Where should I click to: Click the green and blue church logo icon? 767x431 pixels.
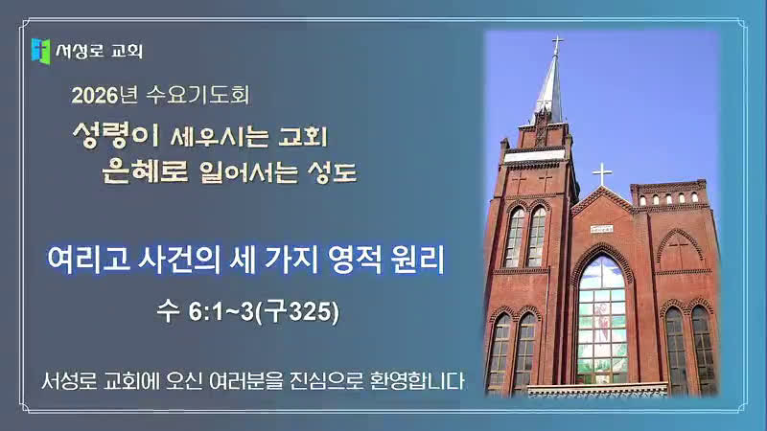click(x=40, y=51)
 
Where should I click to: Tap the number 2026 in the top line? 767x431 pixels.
click(x=95, y=95)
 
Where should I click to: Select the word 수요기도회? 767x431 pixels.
click(x=198, y=95)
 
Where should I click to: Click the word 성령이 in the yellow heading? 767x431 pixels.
click(x=116, y=135)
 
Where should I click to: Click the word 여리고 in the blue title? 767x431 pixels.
click(x=88, y=259)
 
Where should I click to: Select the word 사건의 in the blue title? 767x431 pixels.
click(x=179, y=259)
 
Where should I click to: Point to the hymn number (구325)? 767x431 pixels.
click(x=297, y=312)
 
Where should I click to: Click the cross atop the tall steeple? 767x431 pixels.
click(x=557, y=45)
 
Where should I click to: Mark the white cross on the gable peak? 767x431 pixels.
click(x=602, y=174)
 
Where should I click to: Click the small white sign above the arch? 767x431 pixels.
click(x=601, y=229)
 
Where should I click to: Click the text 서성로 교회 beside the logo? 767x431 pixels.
click(x=100, y=51)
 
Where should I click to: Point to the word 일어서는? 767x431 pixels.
click(x=248, y=172)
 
